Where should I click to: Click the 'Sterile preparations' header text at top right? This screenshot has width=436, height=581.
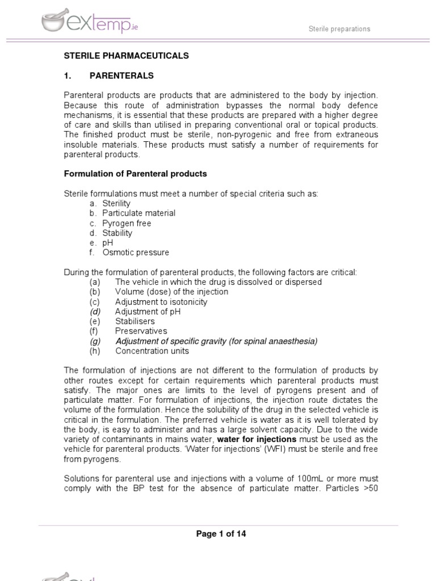339,28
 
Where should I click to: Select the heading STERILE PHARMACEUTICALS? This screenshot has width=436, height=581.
125,56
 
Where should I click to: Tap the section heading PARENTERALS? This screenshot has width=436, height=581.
121,75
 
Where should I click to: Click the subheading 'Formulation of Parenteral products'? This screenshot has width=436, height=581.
135,174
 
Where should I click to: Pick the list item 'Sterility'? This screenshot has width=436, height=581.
116,203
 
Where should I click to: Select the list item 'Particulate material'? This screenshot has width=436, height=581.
139,213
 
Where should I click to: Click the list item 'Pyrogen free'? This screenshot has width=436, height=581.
127,223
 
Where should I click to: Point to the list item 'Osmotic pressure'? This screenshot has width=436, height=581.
136,252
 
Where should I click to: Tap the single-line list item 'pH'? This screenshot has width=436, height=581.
108,243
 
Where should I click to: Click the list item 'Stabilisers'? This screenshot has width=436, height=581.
135,321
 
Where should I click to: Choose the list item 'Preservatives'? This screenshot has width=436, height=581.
141,331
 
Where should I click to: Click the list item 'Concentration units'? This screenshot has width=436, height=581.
152,351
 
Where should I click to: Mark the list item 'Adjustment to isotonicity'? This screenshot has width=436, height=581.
161,302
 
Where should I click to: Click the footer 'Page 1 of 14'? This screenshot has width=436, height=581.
221,534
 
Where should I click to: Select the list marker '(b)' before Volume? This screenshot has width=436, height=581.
95,292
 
